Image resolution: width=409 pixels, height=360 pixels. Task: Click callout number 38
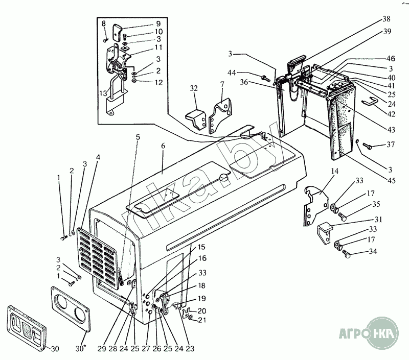click(x=385, y=19)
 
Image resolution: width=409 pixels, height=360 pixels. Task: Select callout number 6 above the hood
click(x=163, y=146)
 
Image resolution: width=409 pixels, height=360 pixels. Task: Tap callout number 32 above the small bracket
click(x=193, y=88)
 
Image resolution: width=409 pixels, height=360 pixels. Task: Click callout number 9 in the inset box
click(x=144, y=24)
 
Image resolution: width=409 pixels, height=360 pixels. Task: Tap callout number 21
click(x=202, y=320)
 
